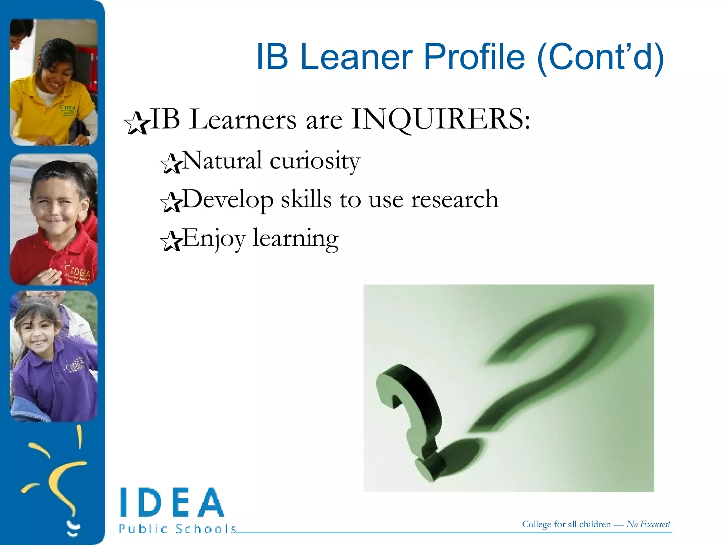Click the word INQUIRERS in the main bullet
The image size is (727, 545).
(440, 120)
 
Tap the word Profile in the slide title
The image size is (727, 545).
(474, 57)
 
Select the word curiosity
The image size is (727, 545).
(315, 161)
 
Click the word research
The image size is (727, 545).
(455, 199)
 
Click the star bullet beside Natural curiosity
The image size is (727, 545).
(171, 164)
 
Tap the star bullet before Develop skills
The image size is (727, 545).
(171, 202)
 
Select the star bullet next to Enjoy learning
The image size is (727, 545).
(171, 241)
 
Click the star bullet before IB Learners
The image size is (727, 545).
(136, 123)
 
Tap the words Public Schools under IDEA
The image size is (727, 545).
(177, 529)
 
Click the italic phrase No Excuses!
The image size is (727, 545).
(648, 524)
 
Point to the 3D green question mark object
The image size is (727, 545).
(412, 419)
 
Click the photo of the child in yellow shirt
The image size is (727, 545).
(54, 82)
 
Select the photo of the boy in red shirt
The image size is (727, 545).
(54, 219)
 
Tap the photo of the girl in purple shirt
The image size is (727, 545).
(54, 356)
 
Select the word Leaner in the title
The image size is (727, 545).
(356, 57)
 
